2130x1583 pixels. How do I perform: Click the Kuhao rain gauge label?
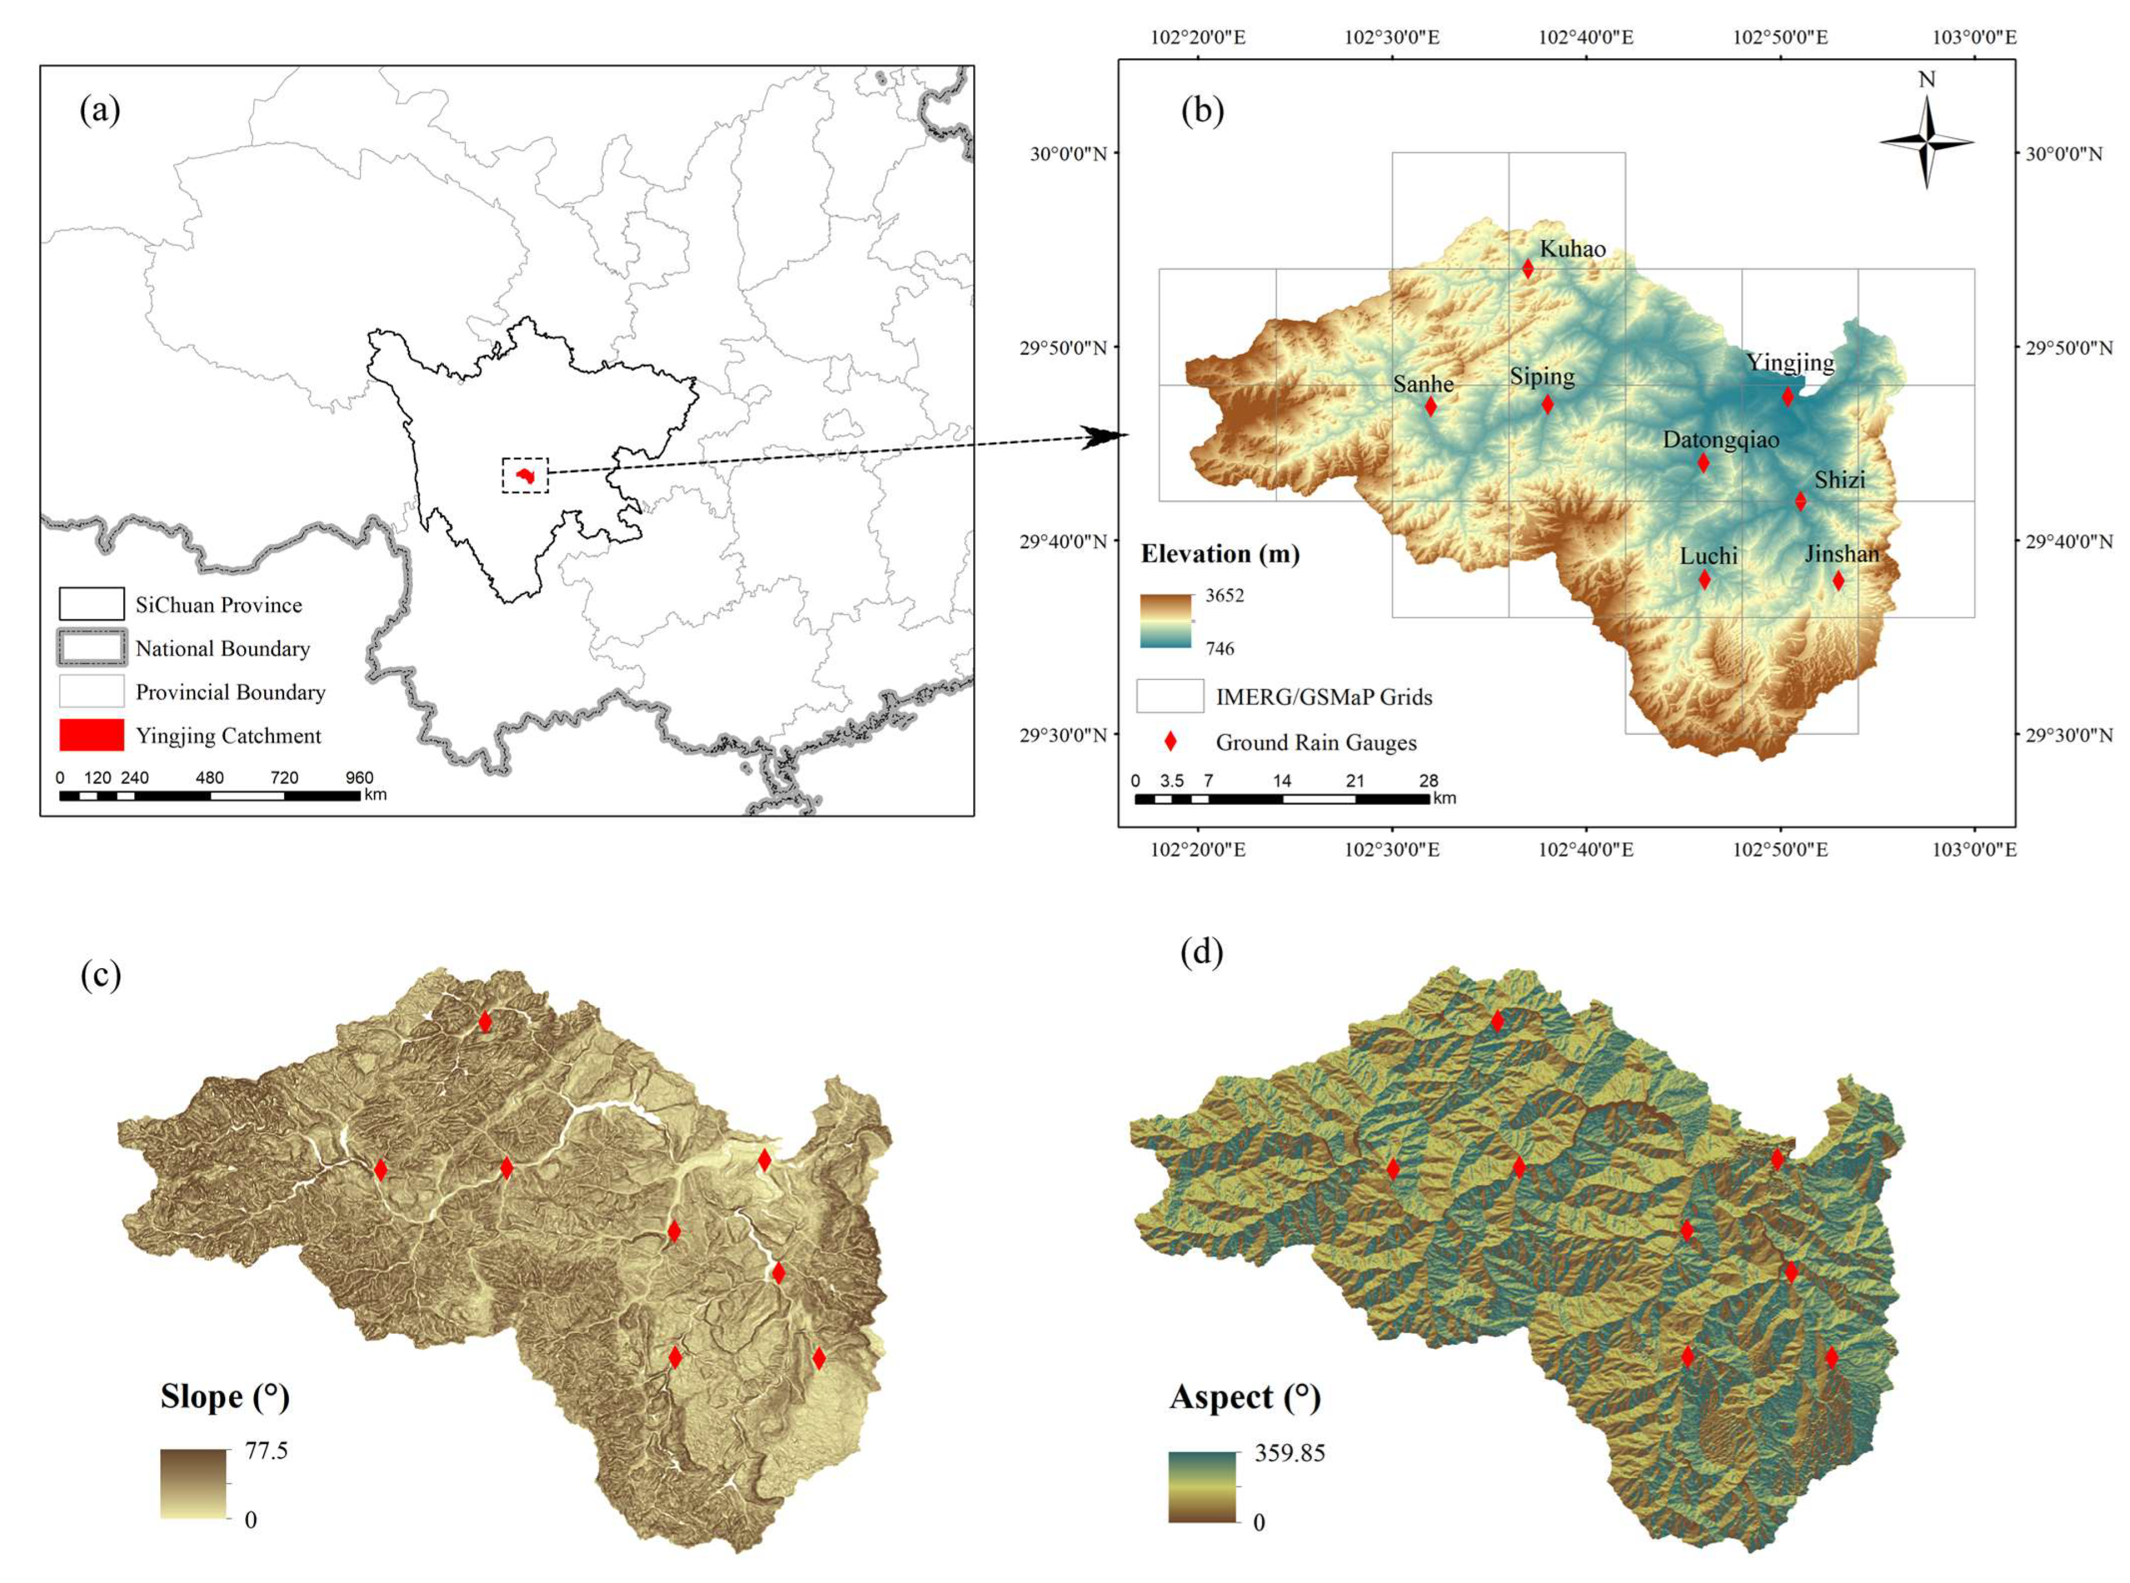(x=1572, y=249)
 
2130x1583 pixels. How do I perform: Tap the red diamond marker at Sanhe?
(x=1430, y=406)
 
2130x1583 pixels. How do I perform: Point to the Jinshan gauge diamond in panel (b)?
(x=1838, y=580)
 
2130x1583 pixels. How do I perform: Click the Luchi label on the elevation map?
(x=1708, y=557)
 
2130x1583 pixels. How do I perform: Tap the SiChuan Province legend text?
(x=219, y=605)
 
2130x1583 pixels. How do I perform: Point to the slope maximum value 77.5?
(x=266, y=1451)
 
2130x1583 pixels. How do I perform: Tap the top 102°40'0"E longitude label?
(x=1586, y=37)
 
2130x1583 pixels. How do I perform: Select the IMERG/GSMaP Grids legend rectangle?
(x=1170, y=697)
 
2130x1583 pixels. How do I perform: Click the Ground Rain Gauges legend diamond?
(x=1170, y=742)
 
